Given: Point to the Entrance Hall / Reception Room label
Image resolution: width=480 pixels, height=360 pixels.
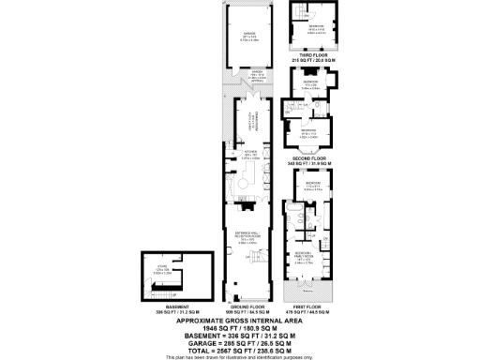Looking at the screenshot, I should pos(247,240).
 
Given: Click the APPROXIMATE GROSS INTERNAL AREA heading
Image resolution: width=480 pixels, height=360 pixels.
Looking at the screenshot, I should pos(240,320).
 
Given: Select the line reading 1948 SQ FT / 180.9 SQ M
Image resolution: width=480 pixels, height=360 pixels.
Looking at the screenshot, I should pos(240,327).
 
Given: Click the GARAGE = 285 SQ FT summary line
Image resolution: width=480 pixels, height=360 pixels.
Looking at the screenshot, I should pos(240,341).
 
